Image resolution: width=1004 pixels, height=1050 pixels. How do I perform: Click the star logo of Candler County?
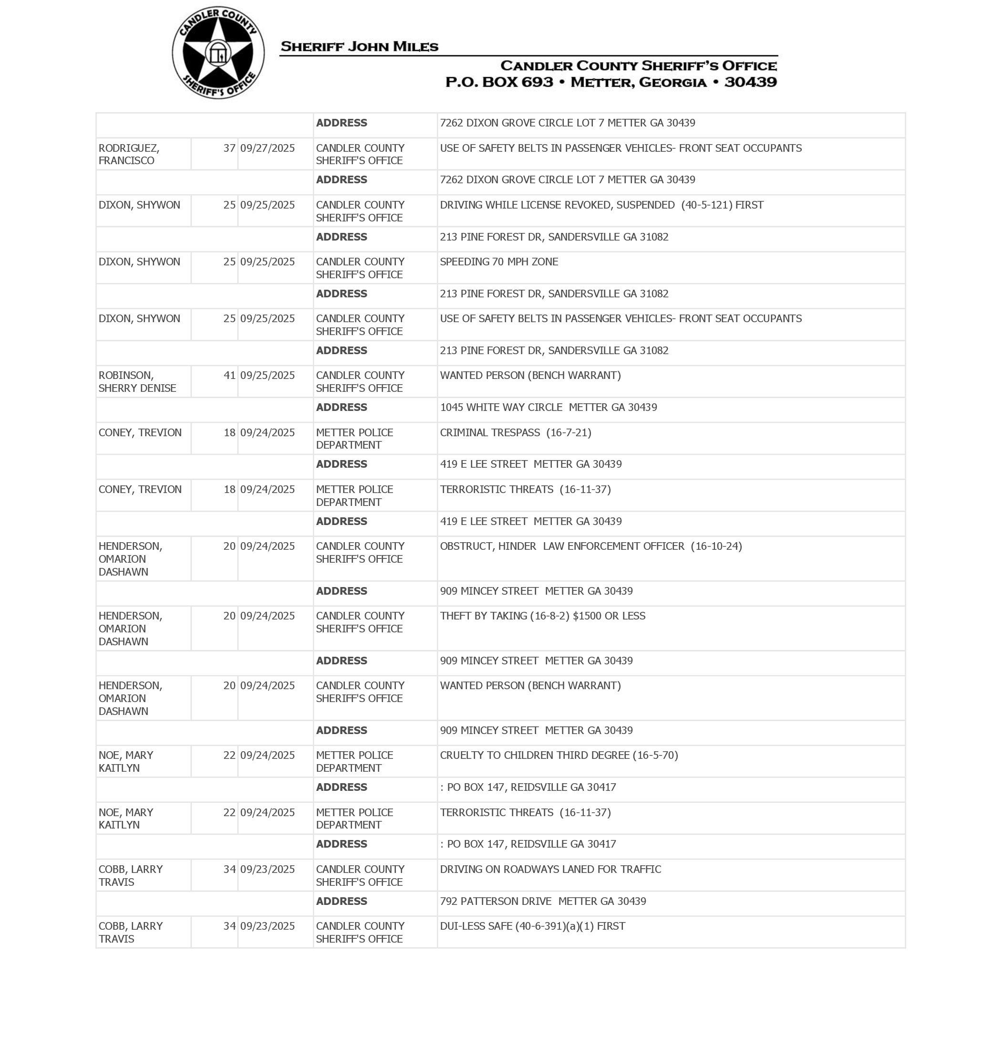(x=218, y=52)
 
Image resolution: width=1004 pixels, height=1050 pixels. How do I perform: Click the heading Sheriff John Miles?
(x=359, y=47)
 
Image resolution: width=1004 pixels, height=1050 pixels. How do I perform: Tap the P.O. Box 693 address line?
(x=611, y=82)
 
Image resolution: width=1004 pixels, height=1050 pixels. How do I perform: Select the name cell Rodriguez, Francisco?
(x=129, y=154)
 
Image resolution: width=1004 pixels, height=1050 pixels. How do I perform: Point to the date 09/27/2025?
(x=267, y=148)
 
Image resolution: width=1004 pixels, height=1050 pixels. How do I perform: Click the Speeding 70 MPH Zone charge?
(x=499, y=262)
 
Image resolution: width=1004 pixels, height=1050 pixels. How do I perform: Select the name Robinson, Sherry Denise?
(x=137, y=382)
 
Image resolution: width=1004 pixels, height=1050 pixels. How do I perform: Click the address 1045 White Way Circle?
(x=548, y=408)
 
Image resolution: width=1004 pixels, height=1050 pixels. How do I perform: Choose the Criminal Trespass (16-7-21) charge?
(x=516, y=432)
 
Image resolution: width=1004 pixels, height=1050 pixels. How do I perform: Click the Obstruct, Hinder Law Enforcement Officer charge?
(x=590, y=546)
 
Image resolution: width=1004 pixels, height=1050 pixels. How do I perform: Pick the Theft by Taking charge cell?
(x=542, y=616)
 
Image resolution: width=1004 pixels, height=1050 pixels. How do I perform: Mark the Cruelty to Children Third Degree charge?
(x=559, y=755)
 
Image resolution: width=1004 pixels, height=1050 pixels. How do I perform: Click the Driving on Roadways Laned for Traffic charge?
(x=550, y=869)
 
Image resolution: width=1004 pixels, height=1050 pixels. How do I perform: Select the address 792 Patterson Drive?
(x=543, y=901)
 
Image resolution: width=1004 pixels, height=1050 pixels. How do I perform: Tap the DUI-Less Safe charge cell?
(x=532, y=926)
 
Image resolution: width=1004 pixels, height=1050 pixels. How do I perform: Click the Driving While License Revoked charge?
(x=601, y=205)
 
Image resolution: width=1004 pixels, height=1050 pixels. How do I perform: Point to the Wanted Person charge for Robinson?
(x=530, y=375)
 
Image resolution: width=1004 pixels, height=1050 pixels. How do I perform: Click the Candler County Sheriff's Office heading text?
(x=638, y=66)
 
